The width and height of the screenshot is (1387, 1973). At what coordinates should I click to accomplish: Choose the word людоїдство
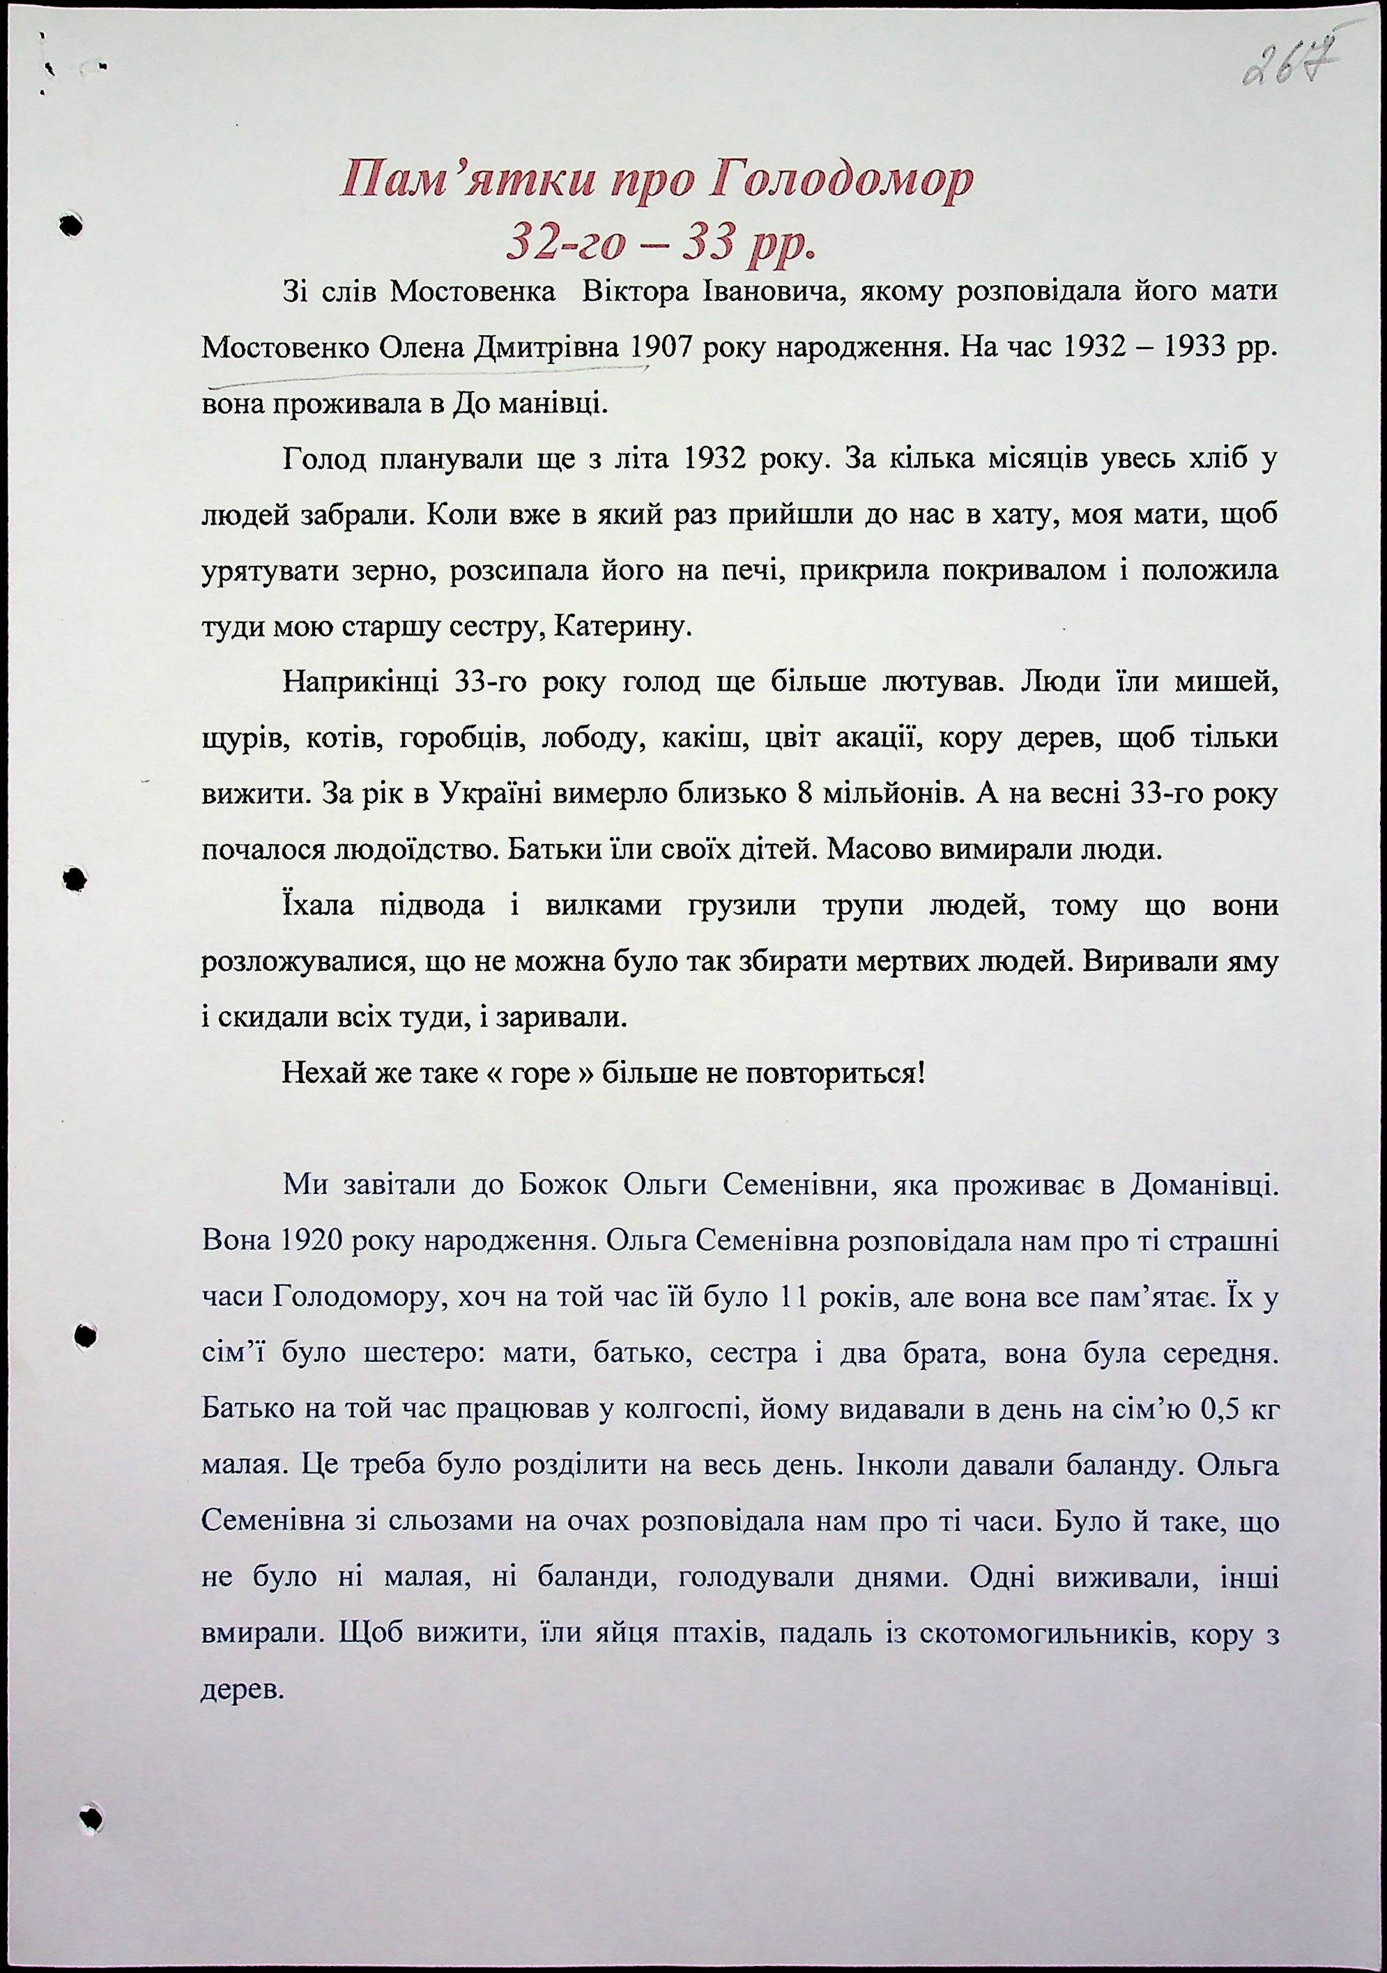(349, 851)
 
